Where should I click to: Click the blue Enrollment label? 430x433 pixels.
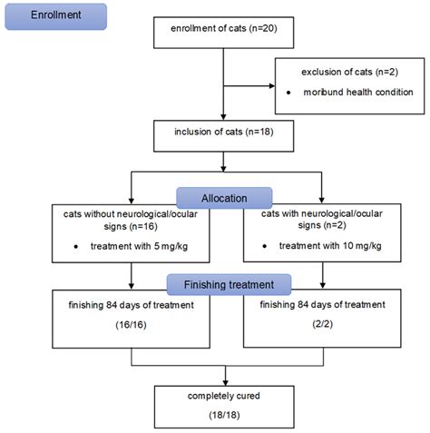tap(54, 16)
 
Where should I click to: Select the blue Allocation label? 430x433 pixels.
tap(223, 198)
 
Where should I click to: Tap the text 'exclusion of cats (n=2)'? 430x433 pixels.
tap(348, 71)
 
